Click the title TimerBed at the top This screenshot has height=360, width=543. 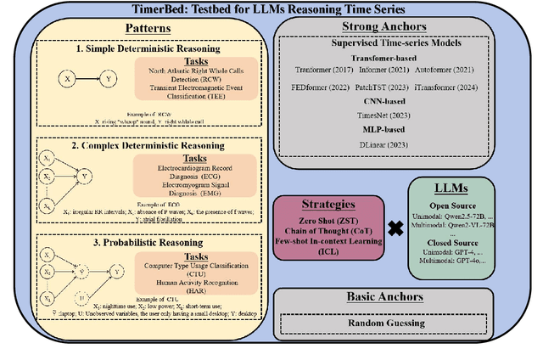pos(271,10)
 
